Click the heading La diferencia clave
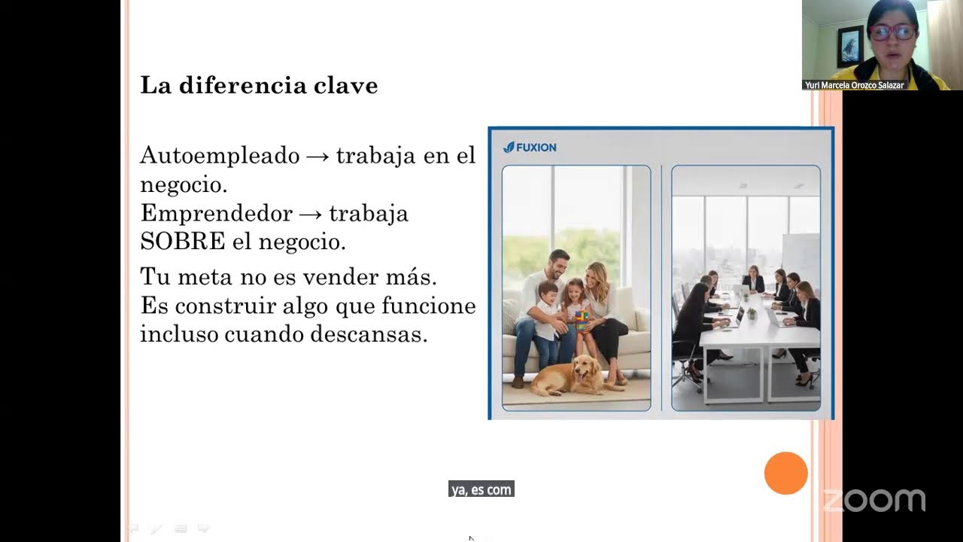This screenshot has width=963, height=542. point(259,85)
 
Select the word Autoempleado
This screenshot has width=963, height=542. point(220,156)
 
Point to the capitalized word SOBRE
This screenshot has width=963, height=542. point(183,242)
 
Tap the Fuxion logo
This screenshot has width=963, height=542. point(530,148)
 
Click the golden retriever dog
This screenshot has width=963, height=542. point(572,376)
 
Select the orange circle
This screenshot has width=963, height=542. point(785,473)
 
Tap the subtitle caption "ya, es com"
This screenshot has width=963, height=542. point(481,490)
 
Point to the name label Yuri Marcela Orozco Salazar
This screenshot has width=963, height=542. point(854,85)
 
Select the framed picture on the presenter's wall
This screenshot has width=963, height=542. point(849,46)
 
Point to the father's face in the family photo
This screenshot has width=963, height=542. point(557,265)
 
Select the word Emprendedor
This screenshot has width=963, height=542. point(215,214)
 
